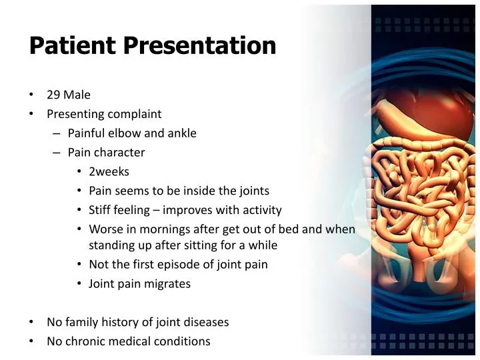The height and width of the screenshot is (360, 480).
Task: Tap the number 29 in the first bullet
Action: point(53,95)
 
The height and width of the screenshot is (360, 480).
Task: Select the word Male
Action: point(77,95)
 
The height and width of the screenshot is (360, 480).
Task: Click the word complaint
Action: point(137,114)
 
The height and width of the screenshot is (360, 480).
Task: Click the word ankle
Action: point(181,133)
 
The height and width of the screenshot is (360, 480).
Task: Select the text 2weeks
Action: point(109,172)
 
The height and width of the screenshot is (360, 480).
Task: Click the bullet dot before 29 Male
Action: point(32,95)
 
